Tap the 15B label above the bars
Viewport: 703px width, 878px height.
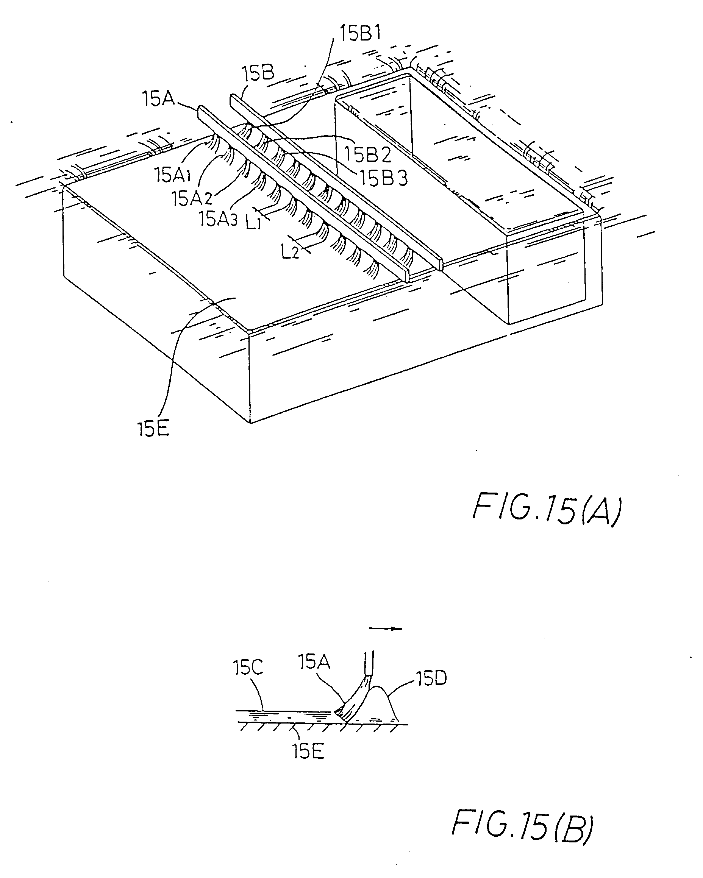tap(258, 74)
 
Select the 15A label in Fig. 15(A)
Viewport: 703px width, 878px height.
tap(158, 98)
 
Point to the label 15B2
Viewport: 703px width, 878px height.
tap(368, 154)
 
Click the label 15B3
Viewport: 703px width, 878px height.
tap(383, 178)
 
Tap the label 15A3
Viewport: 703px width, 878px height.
tap(218, 219)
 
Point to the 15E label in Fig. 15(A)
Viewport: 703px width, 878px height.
tap(153, 429)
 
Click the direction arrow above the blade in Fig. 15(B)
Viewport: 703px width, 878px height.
tap(385, 629)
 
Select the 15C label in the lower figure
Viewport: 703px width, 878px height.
tap(248, 667)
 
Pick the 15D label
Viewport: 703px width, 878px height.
tap(431, 679)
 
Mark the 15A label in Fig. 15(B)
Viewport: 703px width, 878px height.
tap(314, 662)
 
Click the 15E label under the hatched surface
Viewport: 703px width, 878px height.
tap(308, 752)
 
